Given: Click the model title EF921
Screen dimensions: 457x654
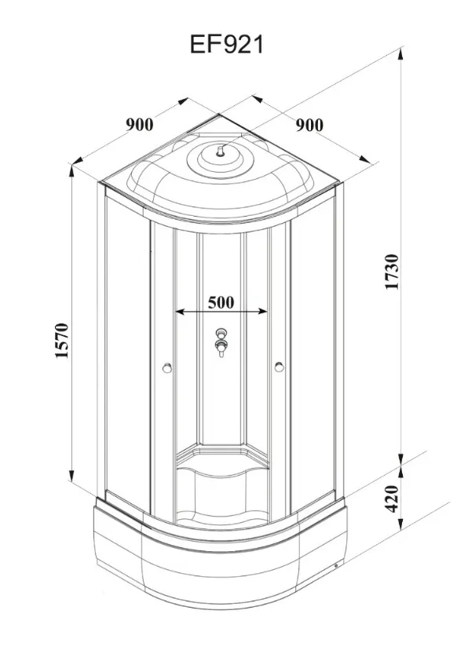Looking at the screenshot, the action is pos(227,44).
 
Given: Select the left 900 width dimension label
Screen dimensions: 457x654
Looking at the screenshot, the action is pos(140,124).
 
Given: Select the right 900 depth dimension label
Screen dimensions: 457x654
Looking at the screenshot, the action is pos(309,125).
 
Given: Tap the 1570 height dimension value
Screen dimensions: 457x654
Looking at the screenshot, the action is pos(62,341).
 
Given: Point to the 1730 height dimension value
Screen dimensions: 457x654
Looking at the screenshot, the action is pos(392,271).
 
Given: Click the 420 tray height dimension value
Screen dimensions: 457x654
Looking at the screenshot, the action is pos(392,499).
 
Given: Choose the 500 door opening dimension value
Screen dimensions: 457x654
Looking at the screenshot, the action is pos(221,302).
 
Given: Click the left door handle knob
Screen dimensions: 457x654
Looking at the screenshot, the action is pos(166,367).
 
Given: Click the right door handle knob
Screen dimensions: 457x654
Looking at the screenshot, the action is pos(279,367).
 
